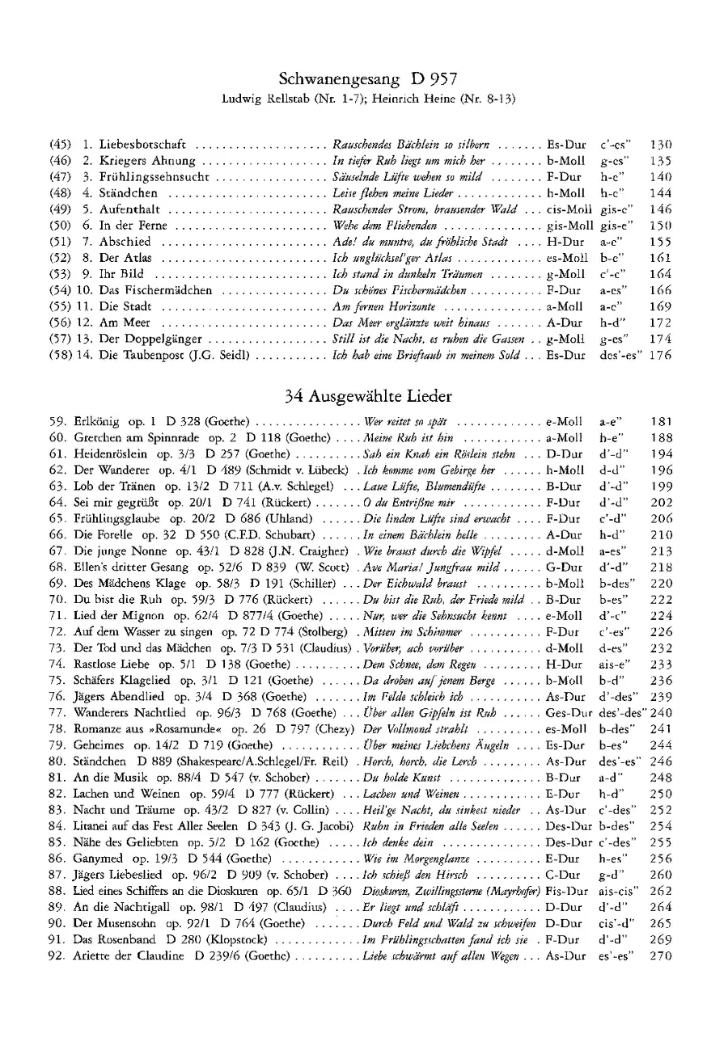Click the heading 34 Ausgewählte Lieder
tap(368, 397)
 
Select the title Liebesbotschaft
tap(142, 145)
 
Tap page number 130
tap(661, 145)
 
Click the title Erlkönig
tap(96, 422)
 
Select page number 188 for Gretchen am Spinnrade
tap(661, 438)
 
